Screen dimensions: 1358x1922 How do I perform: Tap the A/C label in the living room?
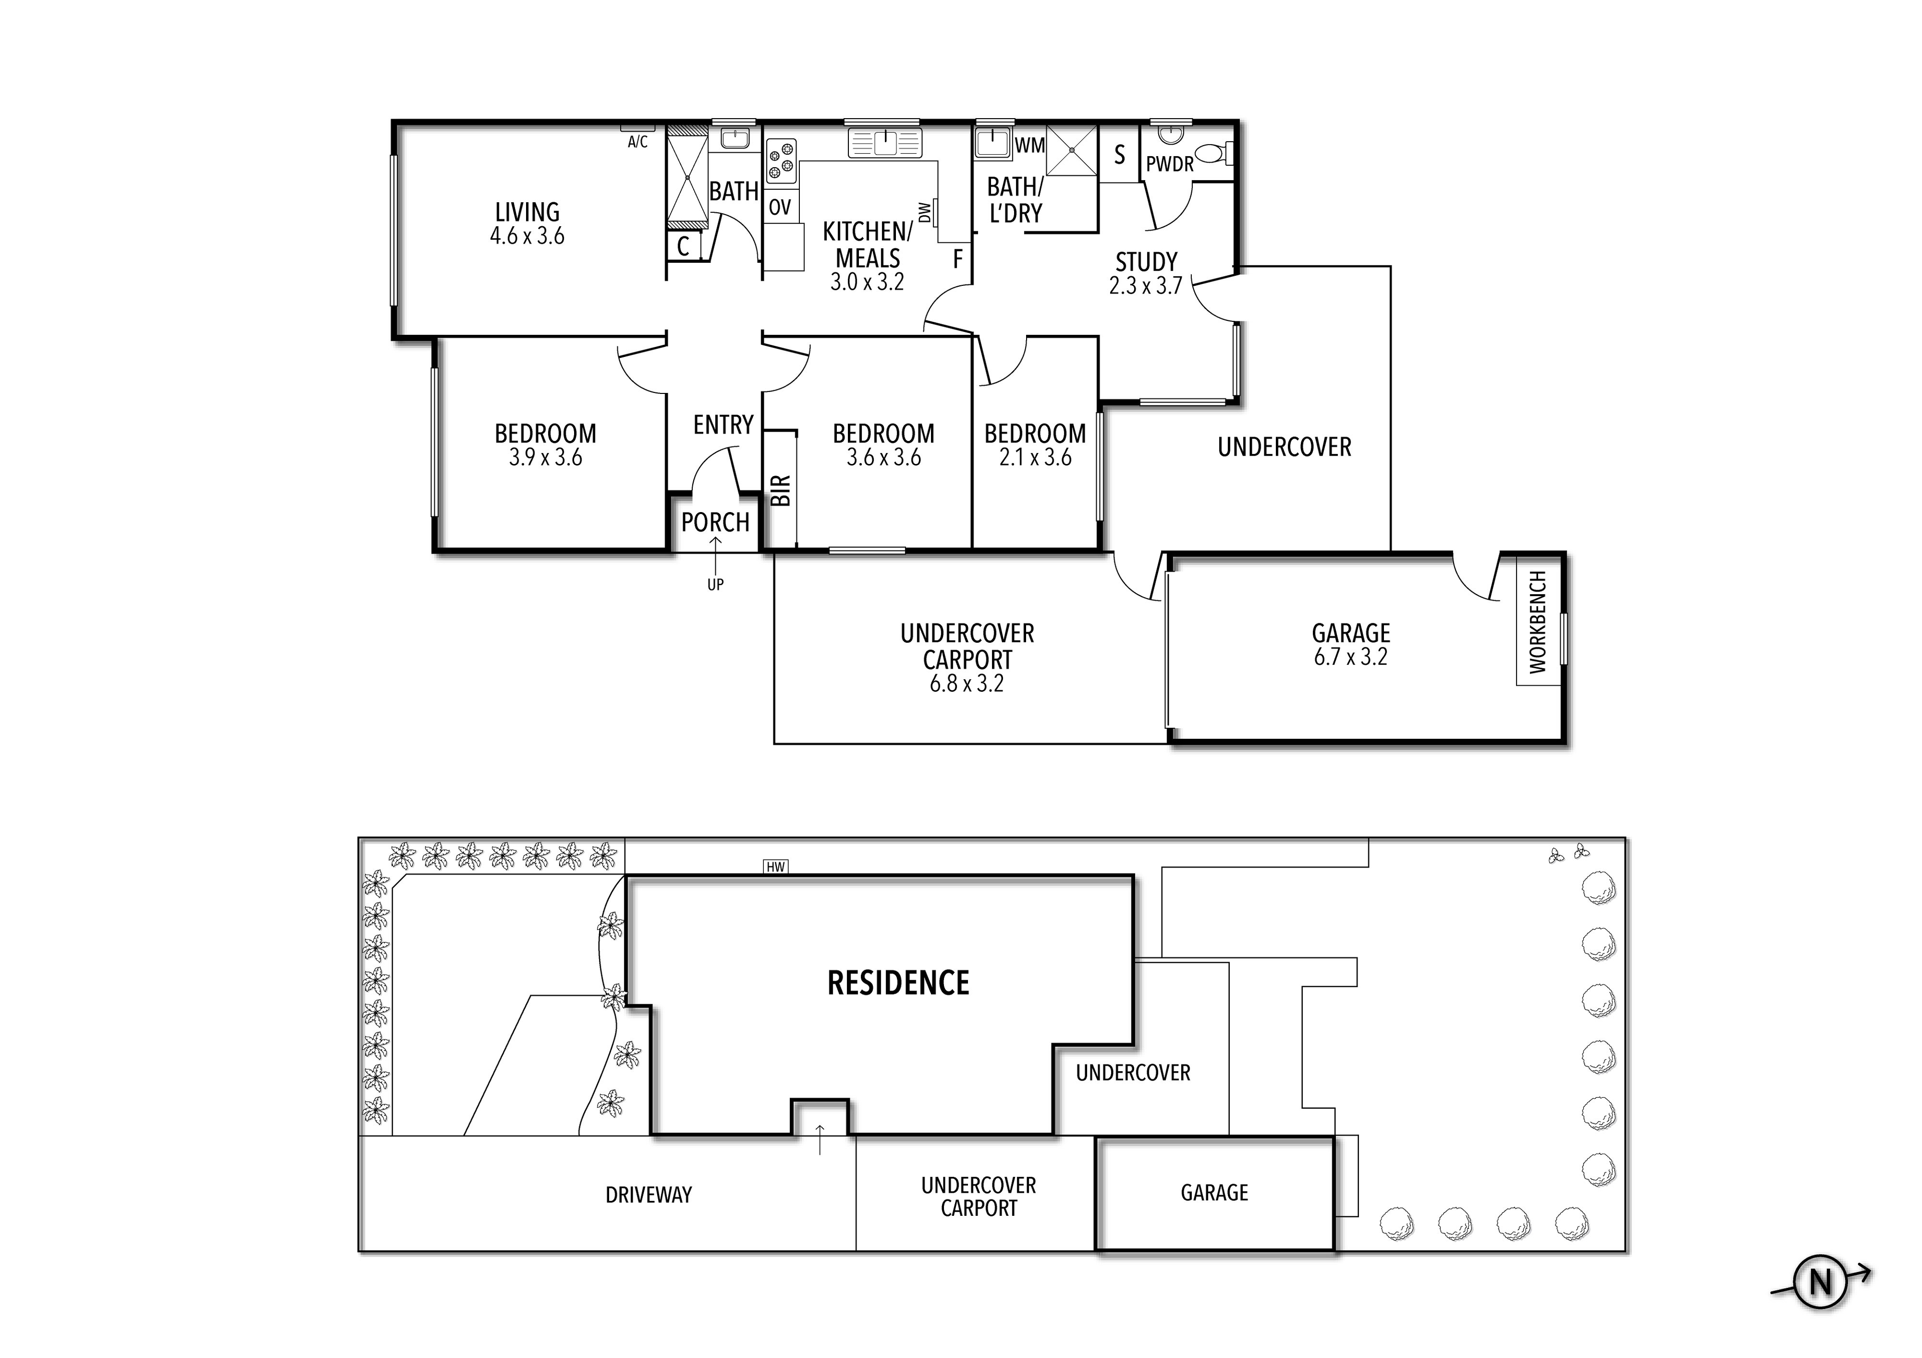[637, 142]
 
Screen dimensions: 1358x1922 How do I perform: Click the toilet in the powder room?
[1210, 153]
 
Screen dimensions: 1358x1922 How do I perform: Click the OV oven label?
[779, 207]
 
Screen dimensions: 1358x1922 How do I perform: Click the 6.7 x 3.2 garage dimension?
[1350, 657]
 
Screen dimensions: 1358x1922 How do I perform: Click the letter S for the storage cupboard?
[1119, 155]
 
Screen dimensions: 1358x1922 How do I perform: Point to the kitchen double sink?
[885, 143]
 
